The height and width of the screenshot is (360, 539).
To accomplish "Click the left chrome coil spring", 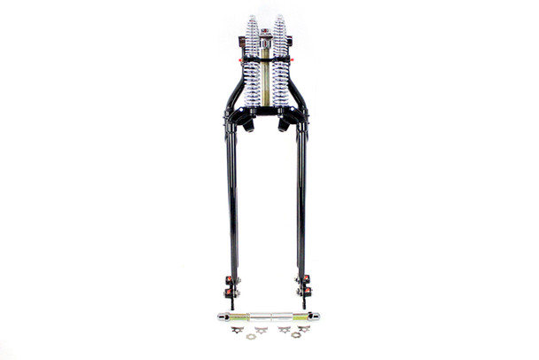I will (253, 62).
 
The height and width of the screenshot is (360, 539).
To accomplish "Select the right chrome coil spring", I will (281, 62).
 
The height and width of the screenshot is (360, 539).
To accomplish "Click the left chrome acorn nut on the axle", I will (222, 316).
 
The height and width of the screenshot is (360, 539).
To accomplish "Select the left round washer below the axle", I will (250, 335).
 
